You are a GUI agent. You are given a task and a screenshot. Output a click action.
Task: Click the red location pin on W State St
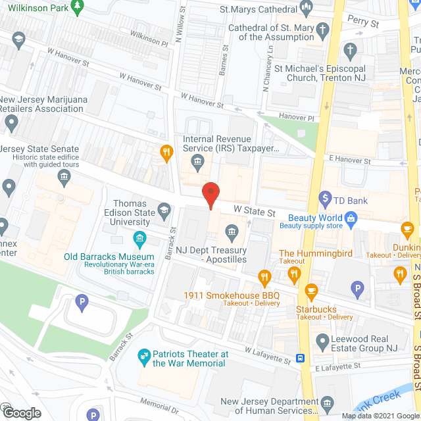coord(210,195)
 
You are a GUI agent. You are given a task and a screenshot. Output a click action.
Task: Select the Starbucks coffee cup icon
coord(311,289)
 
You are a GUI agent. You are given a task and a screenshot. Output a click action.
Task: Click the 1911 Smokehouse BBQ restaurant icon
coord(265,277)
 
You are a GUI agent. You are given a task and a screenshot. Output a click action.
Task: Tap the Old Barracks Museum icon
coord(139,238)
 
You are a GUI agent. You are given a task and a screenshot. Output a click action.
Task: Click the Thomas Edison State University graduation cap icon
coord(164,211)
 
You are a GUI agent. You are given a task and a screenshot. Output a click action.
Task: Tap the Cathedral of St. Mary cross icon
coord(322,30)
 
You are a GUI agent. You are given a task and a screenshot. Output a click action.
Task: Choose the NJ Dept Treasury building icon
coord(232,232)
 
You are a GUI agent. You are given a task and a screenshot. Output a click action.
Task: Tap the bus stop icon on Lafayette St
coord(300,359)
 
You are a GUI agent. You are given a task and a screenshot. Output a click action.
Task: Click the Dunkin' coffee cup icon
coord(407,230)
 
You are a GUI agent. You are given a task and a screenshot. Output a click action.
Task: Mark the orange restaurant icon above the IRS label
coord(167,153)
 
